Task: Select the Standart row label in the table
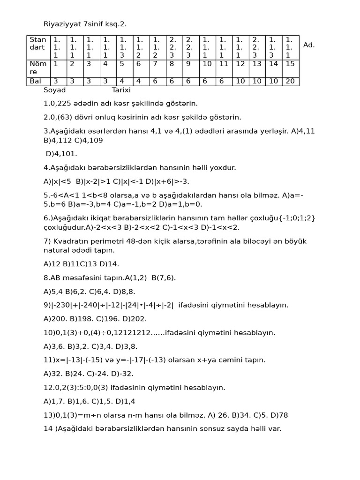38,44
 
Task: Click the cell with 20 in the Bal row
290,82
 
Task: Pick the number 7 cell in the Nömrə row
156,64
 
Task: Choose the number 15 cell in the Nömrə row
290,64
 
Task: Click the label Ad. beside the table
309,45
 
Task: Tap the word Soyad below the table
54,90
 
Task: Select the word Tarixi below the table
121,90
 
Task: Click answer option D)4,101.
61,154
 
